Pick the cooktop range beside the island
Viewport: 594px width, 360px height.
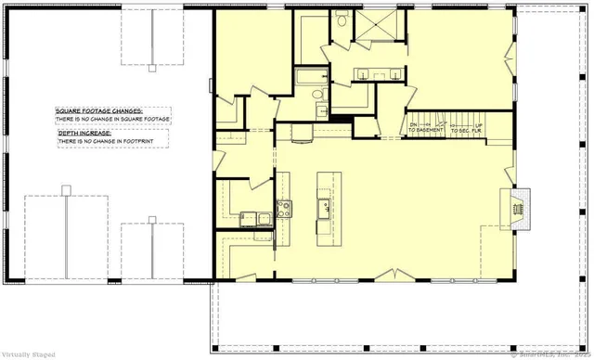click(284, 208)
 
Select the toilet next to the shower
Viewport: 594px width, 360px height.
click(341, 18)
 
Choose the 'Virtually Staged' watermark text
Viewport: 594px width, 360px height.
click(28, 354)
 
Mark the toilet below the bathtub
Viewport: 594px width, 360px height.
click(316, 96)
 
